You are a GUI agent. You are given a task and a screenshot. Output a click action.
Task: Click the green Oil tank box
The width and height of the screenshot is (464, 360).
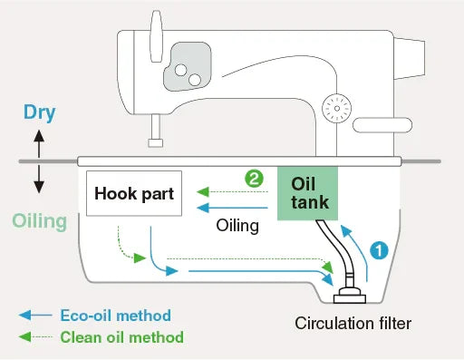point(307,193)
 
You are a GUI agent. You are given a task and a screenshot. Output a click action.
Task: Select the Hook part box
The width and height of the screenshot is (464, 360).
point(134,193)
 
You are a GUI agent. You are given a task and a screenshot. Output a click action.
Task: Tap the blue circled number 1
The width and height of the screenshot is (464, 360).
point(379,250)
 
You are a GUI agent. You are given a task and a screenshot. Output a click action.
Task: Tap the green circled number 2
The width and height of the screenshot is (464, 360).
point(254,179)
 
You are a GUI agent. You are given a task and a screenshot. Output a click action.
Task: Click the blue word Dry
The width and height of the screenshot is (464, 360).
point(40,112)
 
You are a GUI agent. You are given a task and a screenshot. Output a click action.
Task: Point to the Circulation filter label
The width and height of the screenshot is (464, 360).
point(353,323)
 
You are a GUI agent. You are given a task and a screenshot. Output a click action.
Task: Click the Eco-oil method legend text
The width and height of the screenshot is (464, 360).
point(116,316)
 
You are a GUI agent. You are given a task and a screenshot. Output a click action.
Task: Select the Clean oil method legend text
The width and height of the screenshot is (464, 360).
point(121,337)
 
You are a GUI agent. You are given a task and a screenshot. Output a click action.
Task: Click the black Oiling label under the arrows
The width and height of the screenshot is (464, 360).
point(237,226)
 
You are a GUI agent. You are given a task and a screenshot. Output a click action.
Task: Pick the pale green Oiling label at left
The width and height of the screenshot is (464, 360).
point(40,221)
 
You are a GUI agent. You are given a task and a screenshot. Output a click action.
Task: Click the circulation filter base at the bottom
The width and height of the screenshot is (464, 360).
point(350,297)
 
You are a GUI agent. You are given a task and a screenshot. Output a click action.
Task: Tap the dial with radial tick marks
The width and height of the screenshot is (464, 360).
point(337,108)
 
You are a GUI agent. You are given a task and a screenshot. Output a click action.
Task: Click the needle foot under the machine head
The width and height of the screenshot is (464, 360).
point(156,142)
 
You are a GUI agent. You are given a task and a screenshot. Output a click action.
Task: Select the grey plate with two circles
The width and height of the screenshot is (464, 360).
point(188,66)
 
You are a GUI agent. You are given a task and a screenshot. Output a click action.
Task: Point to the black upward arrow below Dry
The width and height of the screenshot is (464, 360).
point(39,143)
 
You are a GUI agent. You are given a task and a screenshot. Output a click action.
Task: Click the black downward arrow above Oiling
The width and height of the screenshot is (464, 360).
point(39,180)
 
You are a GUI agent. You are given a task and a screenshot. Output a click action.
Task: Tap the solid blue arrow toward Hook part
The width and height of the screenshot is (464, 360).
point(232,208)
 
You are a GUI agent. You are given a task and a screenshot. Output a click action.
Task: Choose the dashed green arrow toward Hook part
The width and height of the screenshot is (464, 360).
point(232,191)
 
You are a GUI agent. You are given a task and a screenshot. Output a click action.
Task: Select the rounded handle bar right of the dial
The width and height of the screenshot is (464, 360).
point(382,125)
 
